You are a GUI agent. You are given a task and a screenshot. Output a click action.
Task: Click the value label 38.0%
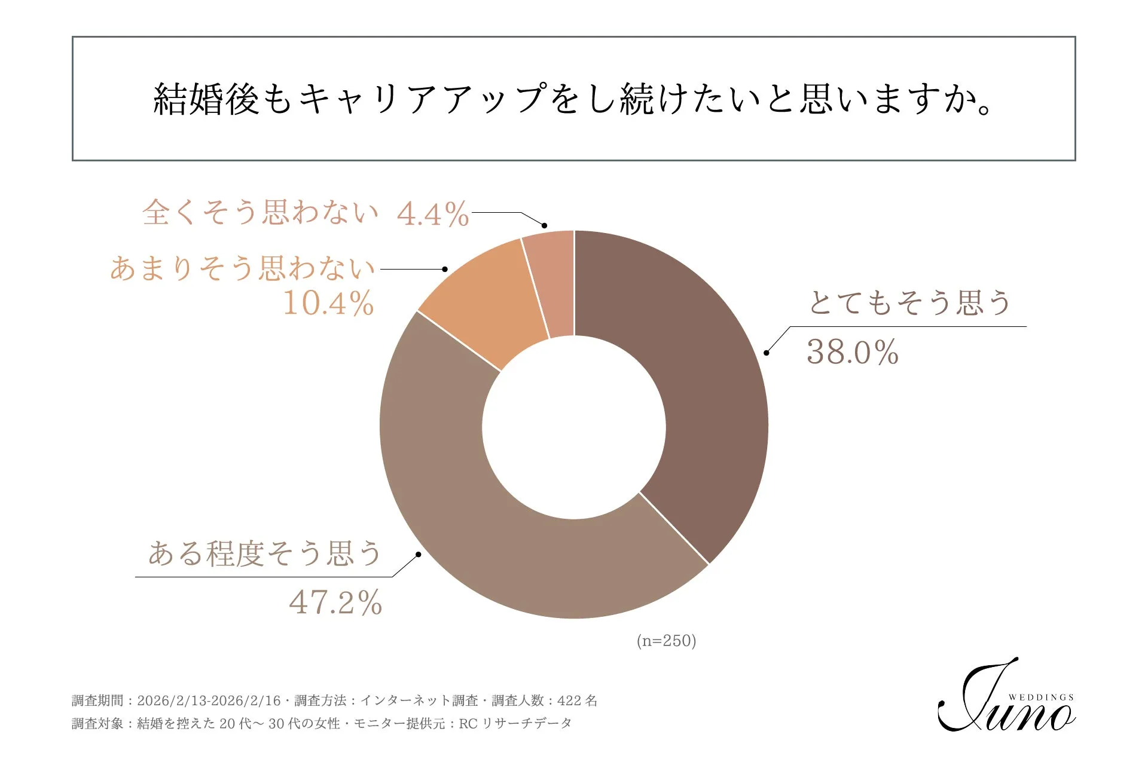pos(852,352)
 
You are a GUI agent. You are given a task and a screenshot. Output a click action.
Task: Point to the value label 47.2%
pos(335,602)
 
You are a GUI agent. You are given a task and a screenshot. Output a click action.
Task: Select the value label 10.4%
pos(328,303)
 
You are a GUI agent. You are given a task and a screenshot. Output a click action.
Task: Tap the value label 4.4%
pos(433,214)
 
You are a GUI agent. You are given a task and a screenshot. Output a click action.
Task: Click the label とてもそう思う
pos(909,302)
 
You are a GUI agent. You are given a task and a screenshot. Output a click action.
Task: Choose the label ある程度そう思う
pos(264,553)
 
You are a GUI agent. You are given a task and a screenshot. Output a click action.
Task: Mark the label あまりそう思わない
pos(242,268)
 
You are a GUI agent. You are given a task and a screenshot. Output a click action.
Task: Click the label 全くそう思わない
pos(260,213)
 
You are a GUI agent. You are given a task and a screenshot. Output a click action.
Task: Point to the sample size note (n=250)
pos(666,641)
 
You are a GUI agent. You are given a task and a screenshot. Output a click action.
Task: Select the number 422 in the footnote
pos(569,700)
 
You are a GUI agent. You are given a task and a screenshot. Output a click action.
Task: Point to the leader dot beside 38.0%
pos(767,353)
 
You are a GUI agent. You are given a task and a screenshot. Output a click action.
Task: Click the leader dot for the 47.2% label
pos(419,555)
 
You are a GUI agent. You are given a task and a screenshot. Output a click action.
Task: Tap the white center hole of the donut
pos(574,427)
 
